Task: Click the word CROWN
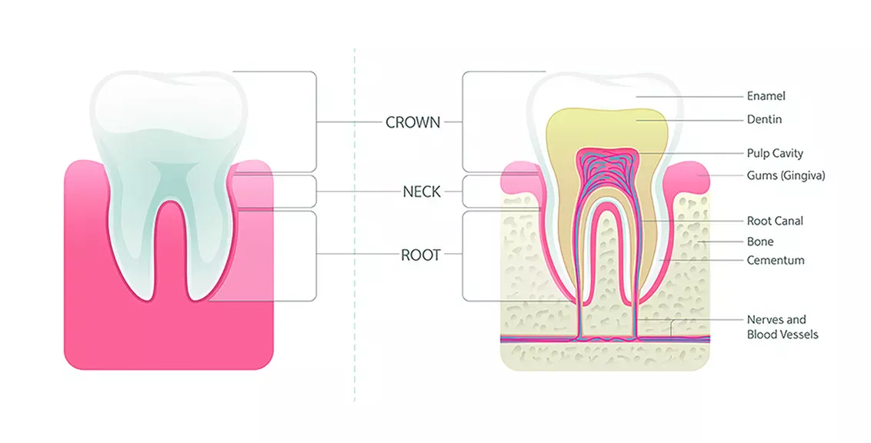[412, 122]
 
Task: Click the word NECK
[422, 192]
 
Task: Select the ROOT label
[420, 255]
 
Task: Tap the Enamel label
[766, 96]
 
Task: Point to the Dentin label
[764, 120]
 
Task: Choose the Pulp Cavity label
[775, 154]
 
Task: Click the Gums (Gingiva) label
[786, 175]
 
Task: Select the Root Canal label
[775, 221]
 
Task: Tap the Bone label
[760, 241]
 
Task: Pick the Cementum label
[775, 260]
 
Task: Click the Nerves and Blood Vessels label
[782, 327]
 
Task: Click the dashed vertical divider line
[355, 231]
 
